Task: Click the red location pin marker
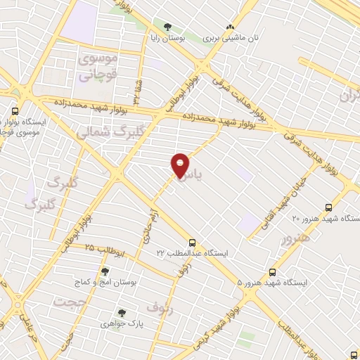point(181,165)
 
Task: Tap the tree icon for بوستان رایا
point(167,27)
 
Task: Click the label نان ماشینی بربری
point(228,39)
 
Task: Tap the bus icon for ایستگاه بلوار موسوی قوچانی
point(15,110)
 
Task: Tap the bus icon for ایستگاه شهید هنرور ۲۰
point(328,207)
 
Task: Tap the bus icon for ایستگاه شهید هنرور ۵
point(272,272)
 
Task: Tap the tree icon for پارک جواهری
point(122,312)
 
